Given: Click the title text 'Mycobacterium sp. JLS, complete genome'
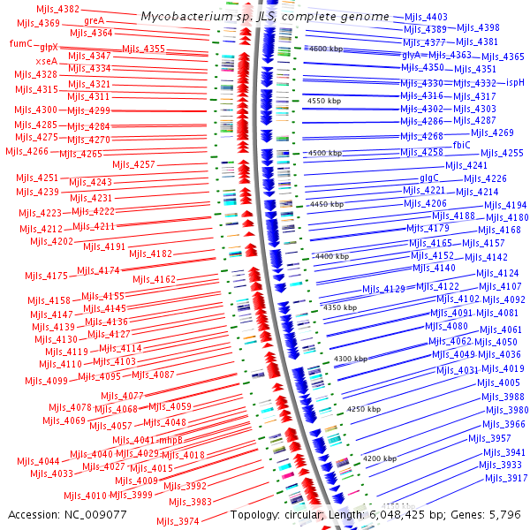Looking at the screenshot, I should click(x=265, y=17).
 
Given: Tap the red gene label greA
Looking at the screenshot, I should click(x=94, y=19).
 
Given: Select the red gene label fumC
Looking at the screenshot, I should click(x=20, y=43).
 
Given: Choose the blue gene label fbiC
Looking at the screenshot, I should click(x=461, y=144).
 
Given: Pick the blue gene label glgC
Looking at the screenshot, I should click(x=429, y=178).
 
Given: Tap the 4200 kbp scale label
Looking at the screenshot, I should click(x=379, y=458).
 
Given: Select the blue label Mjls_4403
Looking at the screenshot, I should click(x=425, y=17).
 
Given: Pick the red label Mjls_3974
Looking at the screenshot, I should click(x=178, y=521).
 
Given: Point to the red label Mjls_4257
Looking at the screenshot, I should click(x=134, y=164).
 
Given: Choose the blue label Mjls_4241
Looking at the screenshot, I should click(x=466, y=165).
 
